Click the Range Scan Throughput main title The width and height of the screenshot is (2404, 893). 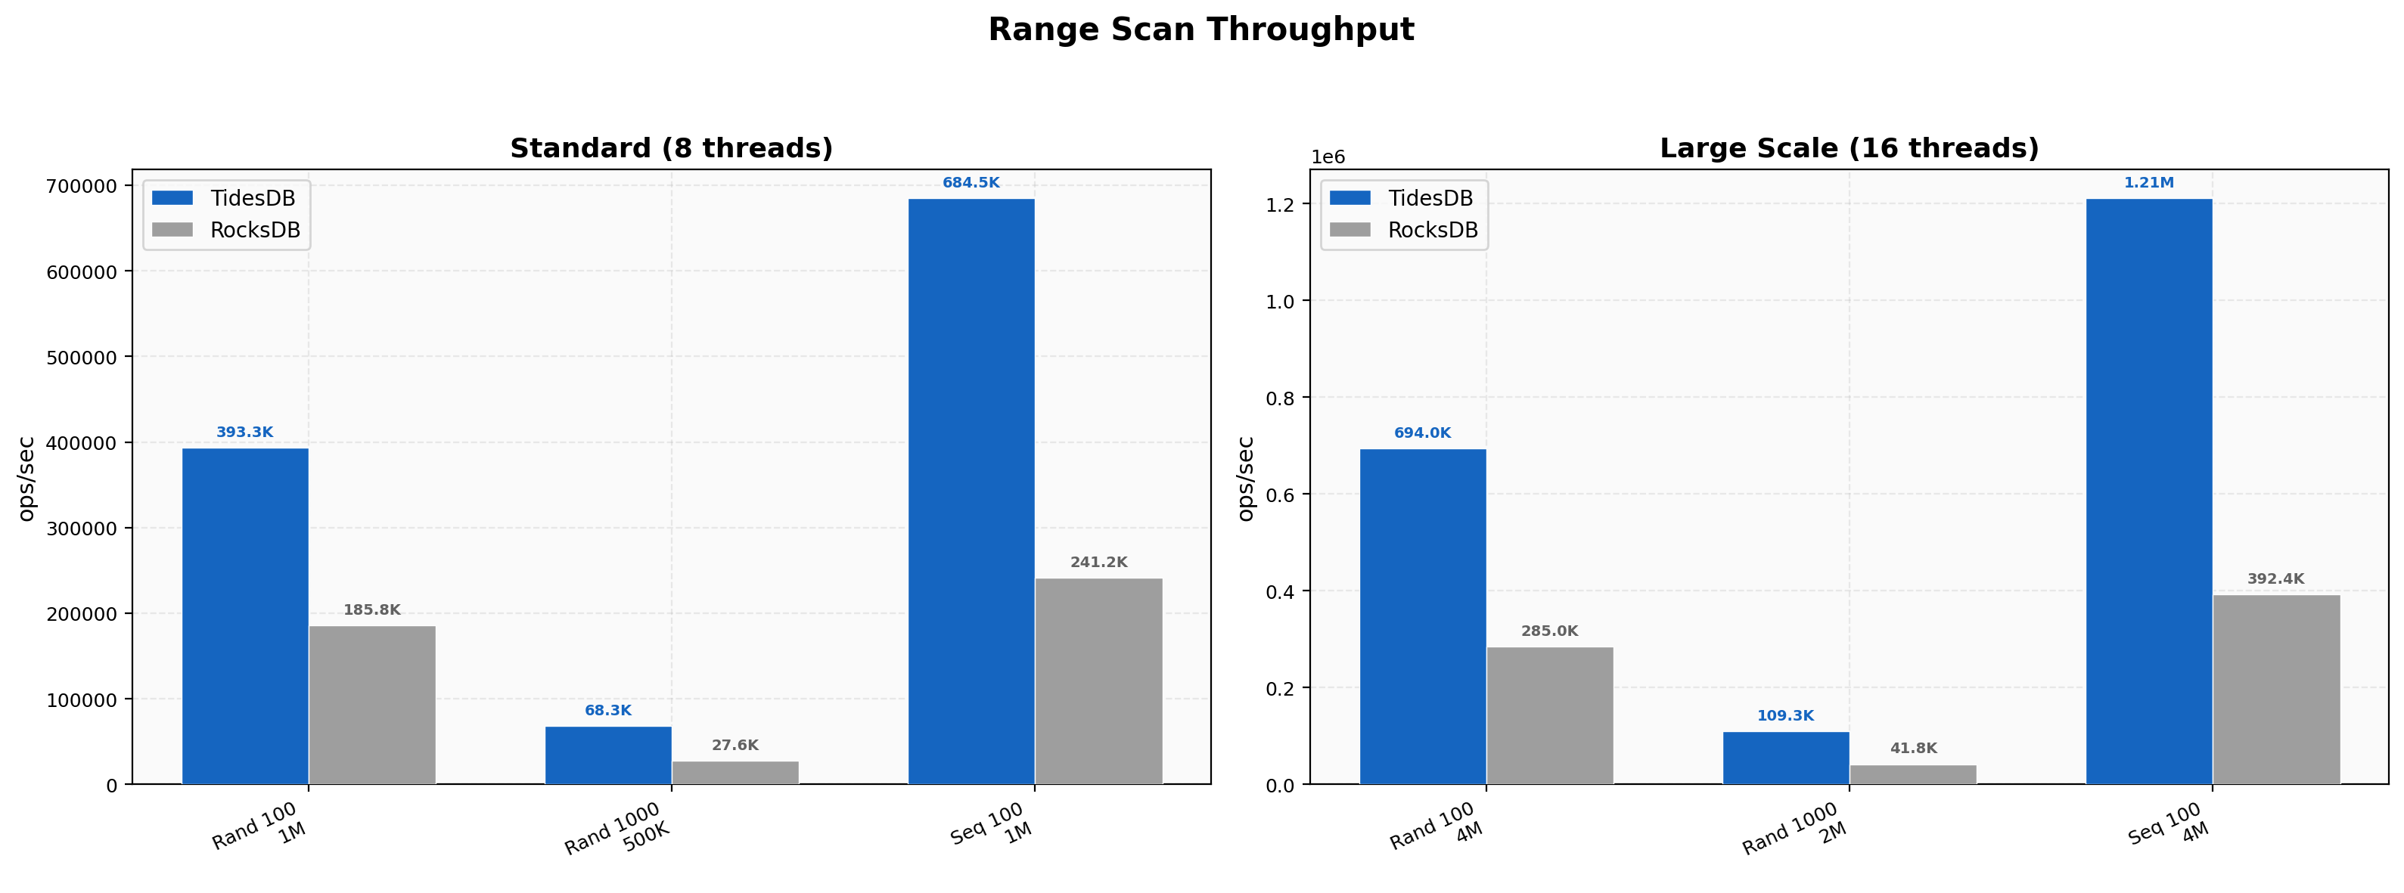pos(1201,29)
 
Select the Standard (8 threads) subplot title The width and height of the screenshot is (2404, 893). pos(671,148)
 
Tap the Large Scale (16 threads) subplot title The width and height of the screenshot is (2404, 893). pos(1849,148)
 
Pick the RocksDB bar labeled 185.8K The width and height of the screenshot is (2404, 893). pos(372,705)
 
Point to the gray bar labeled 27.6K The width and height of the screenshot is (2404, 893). pos(735,773)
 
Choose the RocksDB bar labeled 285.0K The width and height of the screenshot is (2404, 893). pos(1549,715)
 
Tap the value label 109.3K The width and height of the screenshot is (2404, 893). pos(1784,716)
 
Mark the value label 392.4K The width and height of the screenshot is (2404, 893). pos(2275,578)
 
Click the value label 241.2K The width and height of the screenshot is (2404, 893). pos(1098,563)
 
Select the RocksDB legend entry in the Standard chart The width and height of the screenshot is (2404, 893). pos(227,231)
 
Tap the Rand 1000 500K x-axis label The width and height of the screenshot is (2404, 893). pos(618,829)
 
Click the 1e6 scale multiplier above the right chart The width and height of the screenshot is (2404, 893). pos(1328,157)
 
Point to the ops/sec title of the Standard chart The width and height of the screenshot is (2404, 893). pos(26,478)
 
